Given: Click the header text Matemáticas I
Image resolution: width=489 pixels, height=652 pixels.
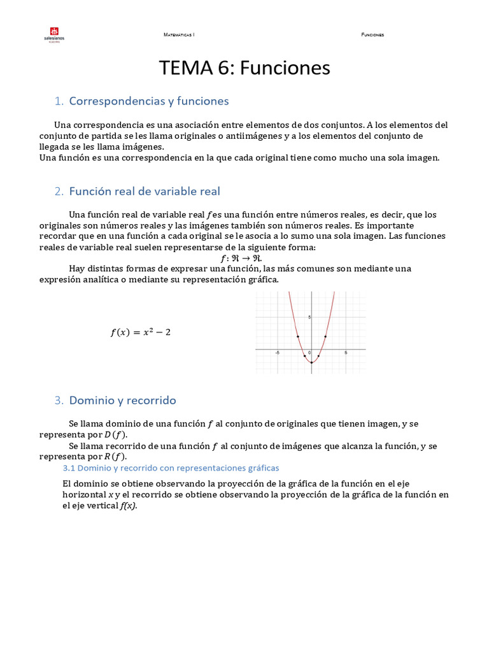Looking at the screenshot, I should pos(179,34).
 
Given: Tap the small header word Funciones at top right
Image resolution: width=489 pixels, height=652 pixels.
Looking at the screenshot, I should pos(372,34).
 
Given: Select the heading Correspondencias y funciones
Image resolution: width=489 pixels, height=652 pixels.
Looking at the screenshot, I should pos(148,101).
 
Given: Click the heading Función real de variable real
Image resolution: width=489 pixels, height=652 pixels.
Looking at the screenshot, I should pos(145,192).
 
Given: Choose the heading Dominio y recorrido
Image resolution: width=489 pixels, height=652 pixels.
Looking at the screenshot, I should pos(122,400).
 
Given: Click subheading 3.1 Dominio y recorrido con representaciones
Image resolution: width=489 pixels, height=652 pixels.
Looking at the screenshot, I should pos(171,467).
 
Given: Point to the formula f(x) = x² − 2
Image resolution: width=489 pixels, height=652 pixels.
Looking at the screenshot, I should pos(141,332).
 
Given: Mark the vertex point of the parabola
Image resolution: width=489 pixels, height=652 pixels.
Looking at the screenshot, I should pos(311,362).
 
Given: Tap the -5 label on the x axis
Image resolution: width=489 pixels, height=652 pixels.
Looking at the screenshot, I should pos(277,353).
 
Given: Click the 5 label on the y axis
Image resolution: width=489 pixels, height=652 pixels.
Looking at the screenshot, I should pos(309,316).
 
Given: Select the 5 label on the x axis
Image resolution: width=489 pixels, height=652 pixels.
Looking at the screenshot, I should pos(345,353).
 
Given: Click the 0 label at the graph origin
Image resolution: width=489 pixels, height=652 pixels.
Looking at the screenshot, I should pos(309,353).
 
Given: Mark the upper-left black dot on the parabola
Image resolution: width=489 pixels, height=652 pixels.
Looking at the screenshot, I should pos(297,336).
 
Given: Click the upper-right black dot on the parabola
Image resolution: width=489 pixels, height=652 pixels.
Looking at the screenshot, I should pos(325,336).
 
